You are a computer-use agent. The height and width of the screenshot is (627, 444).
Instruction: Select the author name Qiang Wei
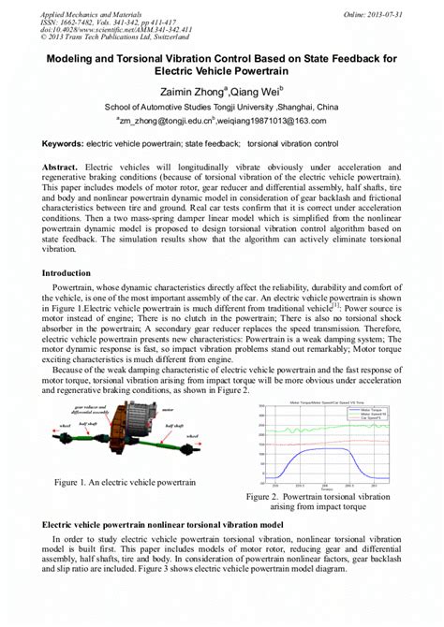[253, 92]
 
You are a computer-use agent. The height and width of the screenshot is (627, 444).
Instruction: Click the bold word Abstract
[63, 166]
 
